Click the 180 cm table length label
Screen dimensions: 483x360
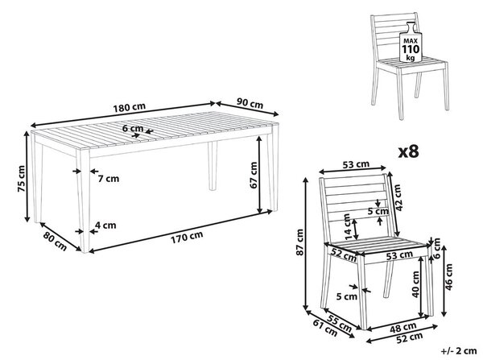click(129, 108)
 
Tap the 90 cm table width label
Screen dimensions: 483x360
click(250, 103)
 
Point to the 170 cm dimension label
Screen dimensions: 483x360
click(187, 237)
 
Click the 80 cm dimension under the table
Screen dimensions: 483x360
click(55, 241)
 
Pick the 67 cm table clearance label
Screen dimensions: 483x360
click(254, 175)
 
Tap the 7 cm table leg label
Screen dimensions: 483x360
click(109, 179)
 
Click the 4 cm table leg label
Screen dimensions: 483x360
click(105, 226)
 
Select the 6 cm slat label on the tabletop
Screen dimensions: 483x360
click(133, 128)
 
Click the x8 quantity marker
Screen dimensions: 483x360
click(409, 152)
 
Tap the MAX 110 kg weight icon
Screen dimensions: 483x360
click(411, 42)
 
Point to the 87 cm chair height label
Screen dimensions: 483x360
click(299, 242)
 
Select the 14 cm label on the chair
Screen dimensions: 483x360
click(348, 227)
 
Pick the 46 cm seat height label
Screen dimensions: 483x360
click(448, 277)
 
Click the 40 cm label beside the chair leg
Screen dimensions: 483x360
click(415, 284)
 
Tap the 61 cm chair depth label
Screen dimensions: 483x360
click(325, 328)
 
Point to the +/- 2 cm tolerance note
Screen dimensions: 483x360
click(459, 351)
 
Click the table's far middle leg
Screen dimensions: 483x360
click(213, 166)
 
